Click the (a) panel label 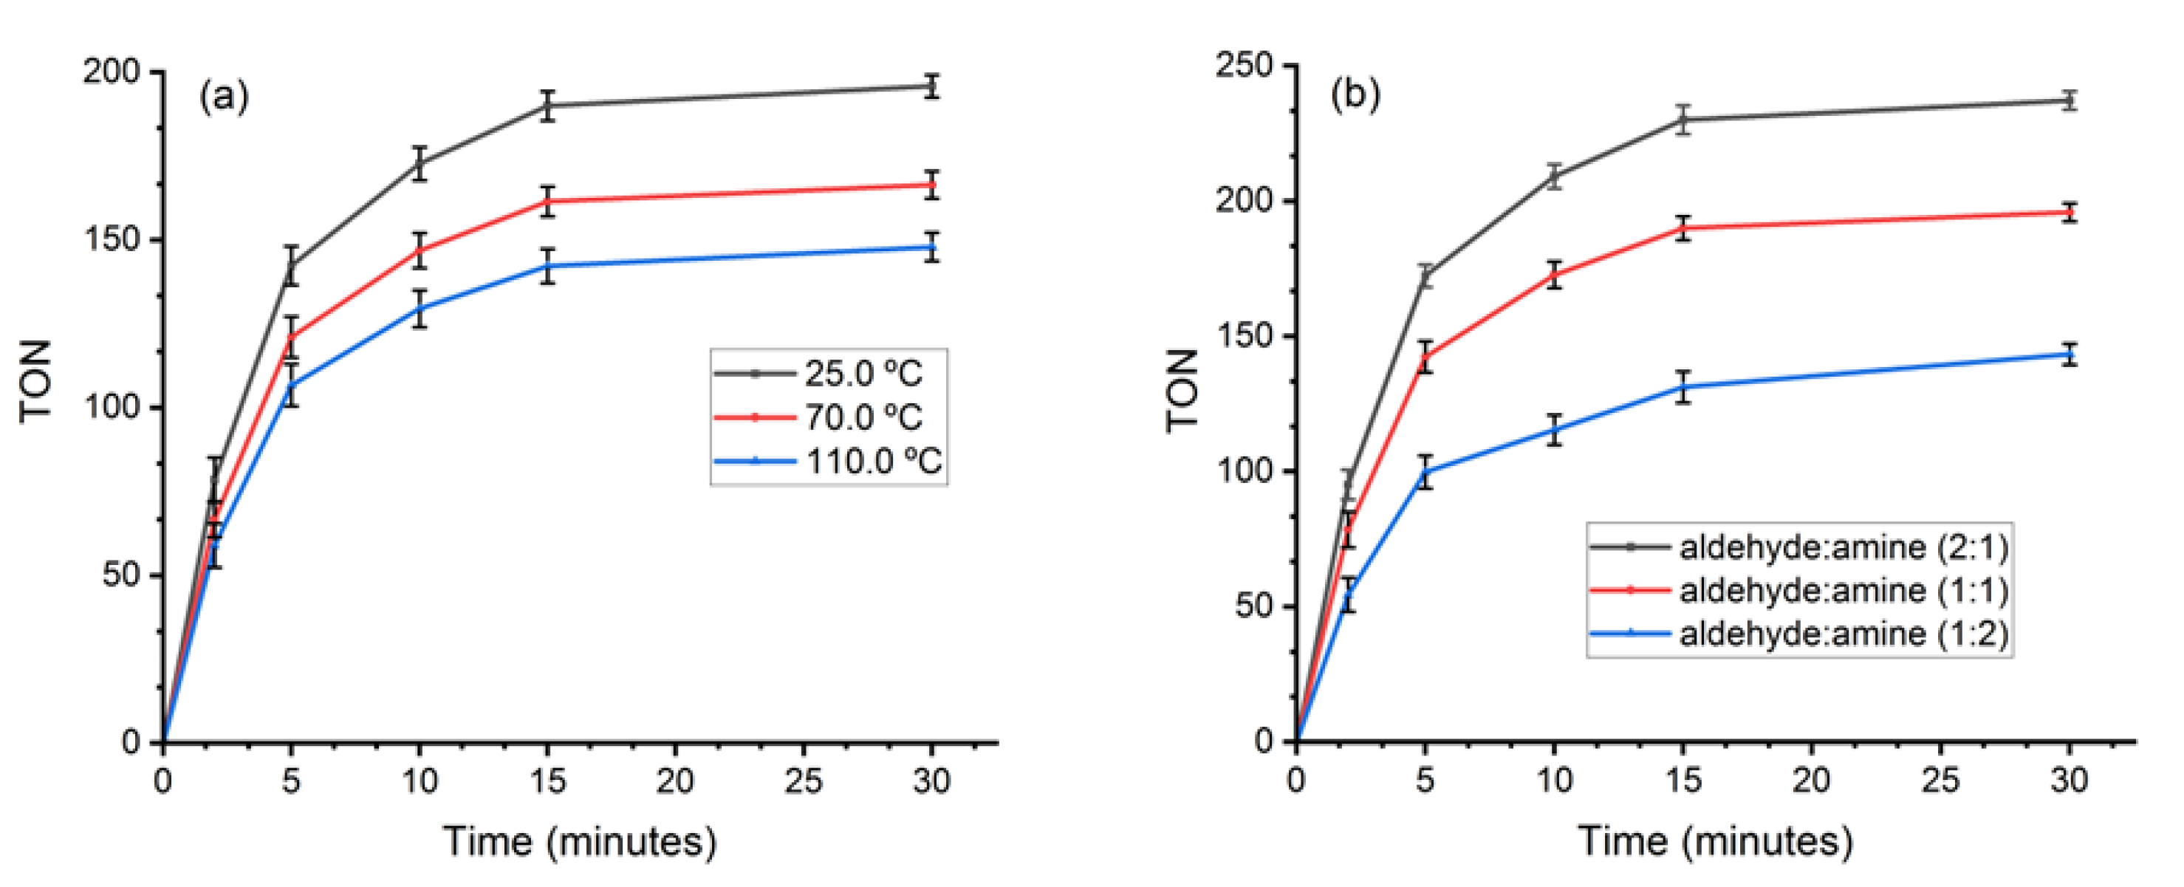click(x=224, y=96)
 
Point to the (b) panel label click(x=1354, y=93)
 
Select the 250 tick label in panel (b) click(x=1243, y=65)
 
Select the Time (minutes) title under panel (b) click(x=1714, y=842)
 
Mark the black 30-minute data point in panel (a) click(x=931, y=86)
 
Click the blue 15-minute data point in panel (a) click(x=548, y=267)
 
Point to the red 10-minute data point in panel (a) click(x=420, y=250)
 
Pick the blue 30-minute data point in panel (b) click(x=2069, y=355)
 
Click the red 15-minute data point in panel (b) click(x=1683, y=228)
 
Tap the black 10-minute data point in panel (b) click(x=1554, y=177)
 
